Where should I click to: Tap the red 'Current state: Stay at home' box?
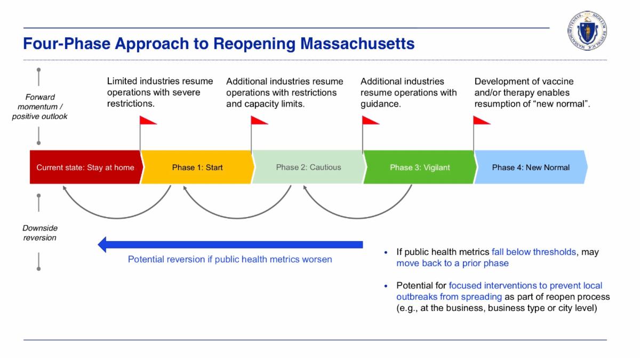(85, 167)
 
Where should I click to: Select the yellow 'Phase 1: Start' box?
(197, 167)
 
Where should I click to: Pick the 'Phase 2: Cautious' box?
(308, 167)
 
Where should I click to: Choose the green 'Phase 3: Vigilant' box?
(419, 167)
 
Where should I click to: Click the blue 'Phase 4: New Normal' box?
(531, 167)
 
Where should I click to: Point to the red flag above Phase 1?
(148, 121)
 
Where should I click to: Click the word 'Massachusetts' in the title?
(357, 43)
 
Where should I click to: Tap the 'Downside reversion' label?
(40, 233)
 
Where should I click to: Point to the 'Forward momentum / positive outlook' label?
(40, 107)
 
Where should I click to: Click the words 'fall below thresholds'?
(530, 252)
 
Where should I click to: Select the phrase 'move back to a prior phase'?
(452, 263)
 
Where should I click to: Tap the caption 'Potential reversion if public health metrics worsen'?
(230, 260)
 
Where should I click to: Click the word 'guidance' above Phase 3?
(380, 104)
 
